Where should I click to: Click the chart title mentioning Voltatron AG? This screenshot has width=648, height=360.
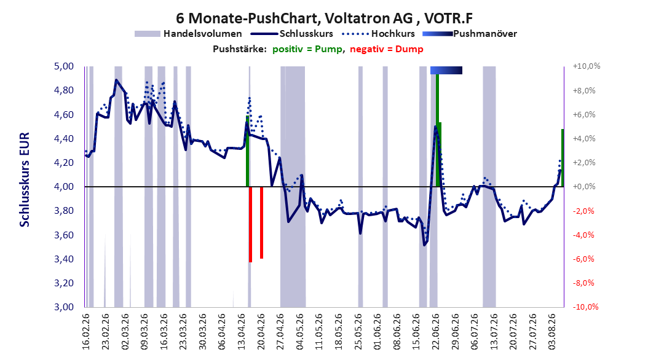tap(324, 18)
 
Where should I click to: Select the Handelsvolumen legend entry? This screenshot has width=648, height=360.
tap(188, 34)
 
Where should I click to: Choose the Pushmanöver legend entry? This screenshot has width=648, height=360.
tap(470, 34)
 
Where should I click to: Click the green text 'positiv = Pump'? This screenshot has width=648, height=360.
tap(307, 49)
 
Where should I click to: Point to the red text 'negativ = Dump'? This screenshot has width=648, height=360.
tap(387, 49)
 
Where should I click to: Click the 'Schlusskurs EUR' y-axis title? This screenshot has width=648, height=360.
tap(25, 179)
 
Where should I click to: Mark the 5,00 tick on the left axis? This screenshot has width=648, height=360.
tap(64, 66)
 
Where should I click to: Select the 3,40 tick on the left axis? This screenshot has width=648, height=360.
tap(64, 259)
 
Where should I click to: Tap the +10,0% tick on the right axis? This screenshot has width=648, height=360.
tap(586, 66)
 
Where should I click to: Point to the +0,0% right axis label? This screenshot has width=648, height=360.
tap(584, 187)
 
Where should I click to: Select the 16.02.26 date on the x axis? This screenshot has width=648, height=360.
tap(86, 332)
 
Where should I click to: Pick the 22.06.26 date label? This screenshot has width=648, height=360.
tap(435, 332)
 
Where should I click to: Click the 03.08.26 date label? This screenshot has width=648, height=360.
tap(552, 332)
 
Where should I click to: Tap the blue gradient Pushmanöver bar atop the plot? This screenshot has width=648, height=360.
tap(446, 70)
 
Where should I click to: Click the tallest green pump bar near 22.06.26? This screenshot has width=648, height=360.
tap(437, 130)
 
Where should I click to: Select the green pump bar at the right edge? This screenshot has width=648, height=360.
tap(563, 158)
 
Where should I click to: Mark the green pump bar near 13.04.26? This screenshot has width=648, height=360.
tap(247, 151)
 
